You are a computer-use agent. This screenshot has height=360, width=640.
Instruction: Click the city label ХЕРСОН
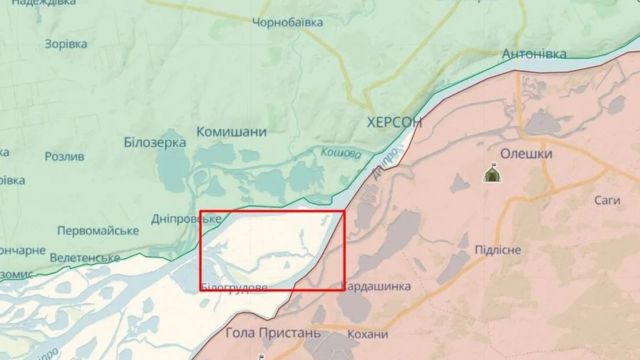coord(395,121)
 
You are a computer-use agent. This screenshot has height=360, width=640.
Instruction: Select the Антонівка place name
coord(533,52)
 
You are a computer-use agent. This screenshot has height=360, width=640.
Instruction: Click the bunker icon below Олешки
coord(492,175)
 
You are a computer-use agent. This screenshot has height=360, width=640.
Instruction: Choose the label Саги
coord(607,200)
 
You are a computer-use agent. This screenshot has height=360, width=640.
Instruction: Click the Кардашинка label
coord(377,287)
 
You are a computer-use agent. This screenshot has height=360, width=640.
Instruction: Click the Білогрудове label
coord(233,287)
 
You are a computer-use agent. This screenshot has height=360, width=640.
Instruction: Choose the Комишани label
coord(231,132)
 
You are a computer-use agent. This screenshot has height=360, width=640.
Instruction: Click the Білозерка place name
coord(155,143)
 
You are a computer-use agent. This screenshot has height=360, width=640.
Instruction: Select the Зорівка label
coord(66,44)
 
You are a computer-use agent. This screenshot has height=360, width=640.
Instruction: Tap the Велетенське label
coord(85,258)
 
